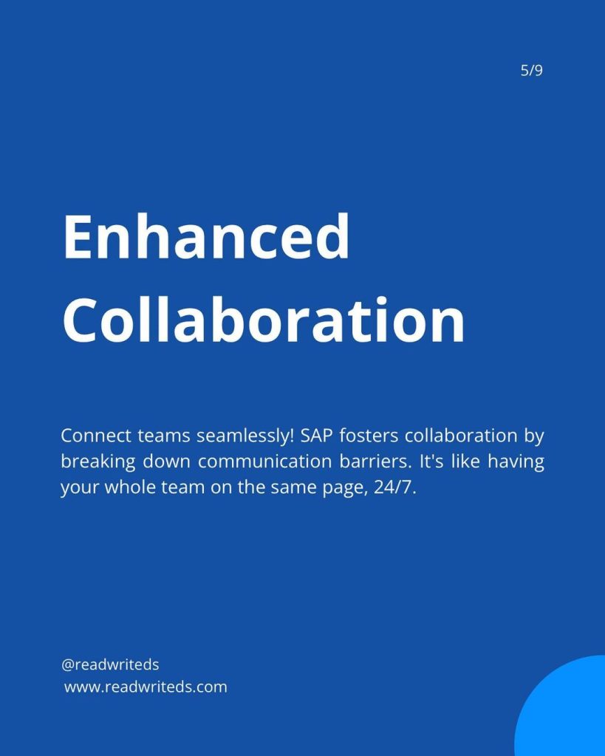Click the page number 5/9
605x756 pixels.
coord(532,70)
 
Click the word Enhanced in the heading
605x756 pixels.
coord(206,237)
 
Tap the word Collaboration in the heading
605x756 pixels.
coord(264,319)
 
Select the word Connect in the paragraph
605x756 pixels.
coord(96,436)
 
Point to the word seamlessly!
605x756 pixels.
coord(245,436)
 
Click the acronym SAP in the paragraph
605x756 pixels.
coord(315,436)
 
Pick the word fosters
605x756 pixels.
coord(369,436)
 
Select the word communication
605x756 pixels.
coord(265,461)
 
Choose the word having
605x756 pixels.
coord(516,462)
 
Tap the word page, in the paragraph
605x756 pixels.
coord(342,488)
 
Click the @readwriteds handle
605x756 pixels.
coord(110,664)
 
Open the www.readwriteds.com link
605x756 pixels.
coord(146,687)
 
